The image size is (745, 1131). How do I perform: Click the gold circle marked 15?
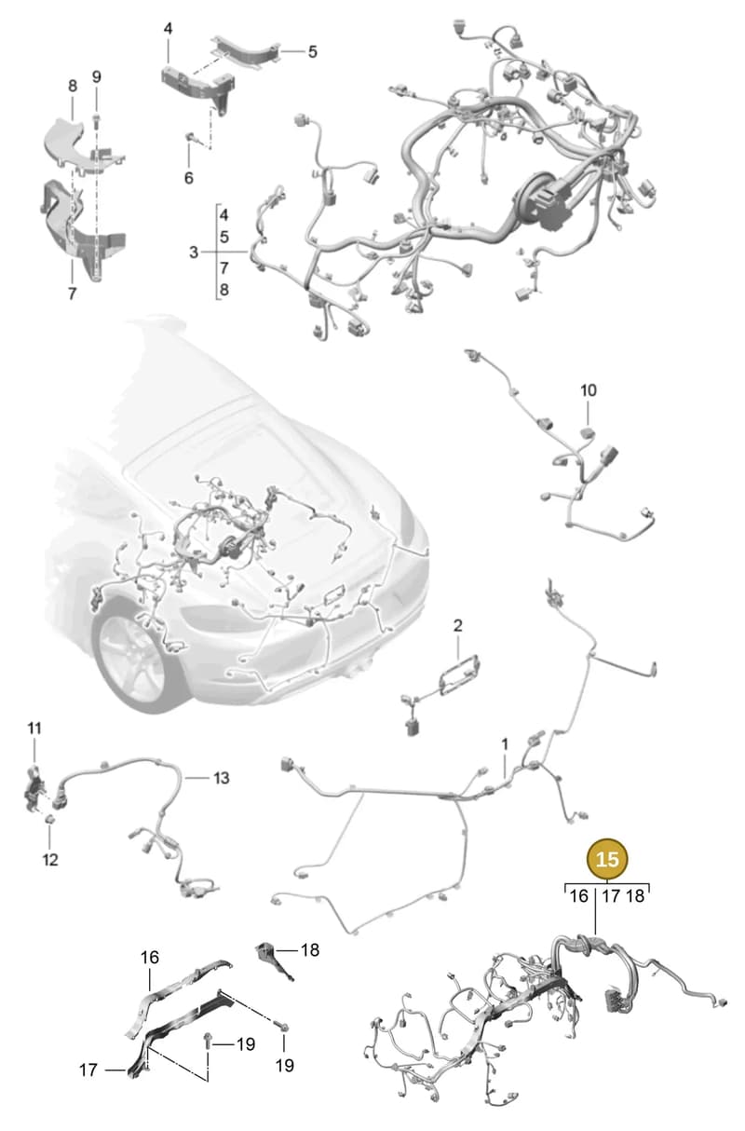606,859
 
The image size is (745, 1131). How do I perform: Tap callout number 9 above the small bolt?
97,77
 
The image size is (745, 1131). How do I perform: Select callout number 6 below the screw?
189,178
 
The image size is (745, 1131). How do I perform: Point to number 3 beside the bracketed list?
194,252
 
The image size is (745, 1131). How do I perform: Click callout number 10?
589,390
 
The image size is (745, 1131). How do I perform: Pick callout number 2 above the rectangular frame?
457,626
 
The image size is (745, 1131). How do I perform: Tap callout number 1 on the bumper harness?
504,744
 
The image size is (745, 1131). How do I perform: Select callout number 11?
34,729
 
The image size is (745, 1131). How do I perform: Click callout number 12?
50,860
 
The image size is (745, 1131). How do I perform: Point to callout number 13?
221,778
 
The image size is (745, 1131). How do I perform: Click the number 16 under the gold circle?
579,896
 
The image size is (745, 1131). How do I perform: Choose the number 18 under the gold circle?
635,896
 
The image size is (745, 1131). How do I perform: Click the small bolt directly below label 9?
97,121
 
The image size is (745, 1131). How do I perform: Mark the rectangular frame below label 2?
459,675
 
